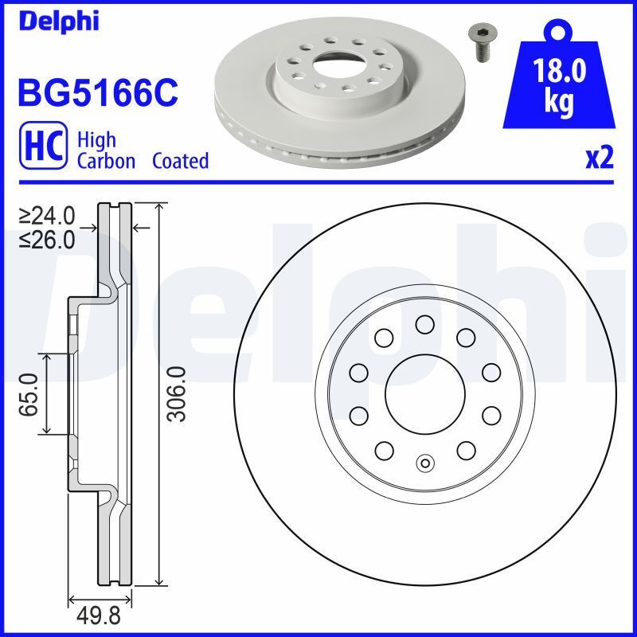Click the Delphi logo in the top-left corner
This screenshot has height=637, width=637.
pyautogui.click(x=57, y=20)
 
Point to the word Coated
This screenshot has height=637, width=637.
pyautogui.click(x=180, y=161)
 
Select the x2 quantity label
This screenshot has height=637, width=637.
pyautogui.click(x=599, y=158)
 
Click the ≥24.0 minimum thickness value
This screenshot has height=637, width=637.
pyautogui.click(x=48, y=216)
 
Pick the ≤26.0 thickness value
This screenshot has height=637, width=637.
pyautogui.click(x=48, y=238)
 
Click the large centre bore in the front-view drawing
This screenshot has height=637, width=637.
pyautogui.click(x=424, y=393)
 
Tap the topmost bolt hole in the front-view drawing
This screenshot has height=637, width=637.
pyautogui.click(x=424, y=323)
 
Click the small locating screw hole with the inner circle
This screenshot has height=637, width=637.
pyautogui.click(x=424, y=463)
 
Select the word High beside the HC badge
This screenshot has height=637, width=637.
pyautogui.click(x=96, y=140)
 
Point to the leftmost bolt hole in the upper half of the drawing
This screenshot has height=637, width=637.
pyautogui.click(x=358, y=372)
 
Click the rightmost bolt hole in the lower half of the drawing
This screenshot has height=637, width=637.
pyautogui.click(x=490, y=415)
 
